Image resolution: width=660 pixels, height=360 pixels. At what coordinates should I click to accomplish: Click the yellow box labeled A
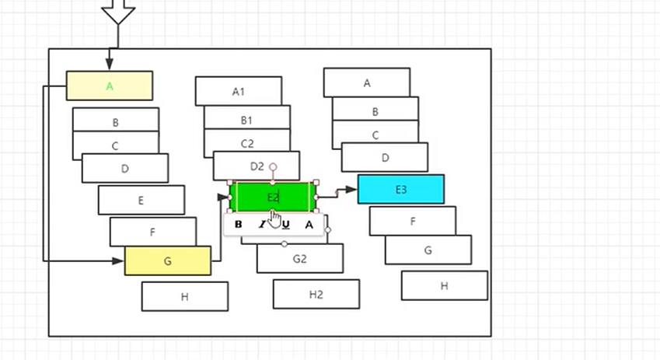point(109,86)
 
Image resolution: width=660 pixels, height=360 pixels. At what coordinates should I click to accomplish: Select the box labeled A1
point(238,91)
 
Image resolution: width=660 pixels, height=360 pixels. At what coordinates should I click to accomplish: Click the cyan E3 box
point(400,189)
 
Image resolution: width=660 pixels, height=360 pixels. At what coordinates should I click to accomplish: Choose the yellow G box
point(167,260)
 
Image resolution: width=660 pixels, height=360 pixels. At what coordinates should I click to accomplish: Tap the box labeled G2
point(299,260)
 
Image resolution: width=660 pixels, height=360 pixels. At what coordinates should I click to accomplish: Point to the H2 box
point(316,294)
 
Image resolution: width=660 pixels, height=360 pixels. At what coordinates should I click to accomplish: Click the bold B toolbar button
point(239,225)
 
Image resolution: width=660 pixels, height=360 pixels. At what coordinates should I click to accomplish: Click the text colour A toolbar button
point(309,225)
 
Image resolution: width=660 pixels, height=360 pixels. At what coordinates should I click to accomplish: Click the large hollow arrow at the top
point(118,11)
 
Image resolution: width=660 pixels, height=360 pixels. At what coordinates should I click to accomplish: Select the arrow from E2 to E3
point(337,191)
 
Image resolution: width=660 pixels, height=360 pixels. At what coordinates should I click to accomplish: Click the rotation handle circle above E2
point(273,167)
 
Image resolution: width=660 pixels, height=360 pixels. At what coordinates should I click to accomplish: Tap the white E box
point(141,200)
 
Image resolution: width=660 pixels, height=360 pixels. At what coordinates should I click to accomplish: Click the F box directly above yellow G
point(152,231)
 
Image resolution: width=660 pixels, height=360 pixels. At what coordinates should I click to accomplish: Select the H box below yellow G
point(184,296)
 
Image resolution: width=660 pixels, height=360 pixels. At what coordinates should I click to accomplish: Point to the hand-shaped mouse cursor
point(274,218)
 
